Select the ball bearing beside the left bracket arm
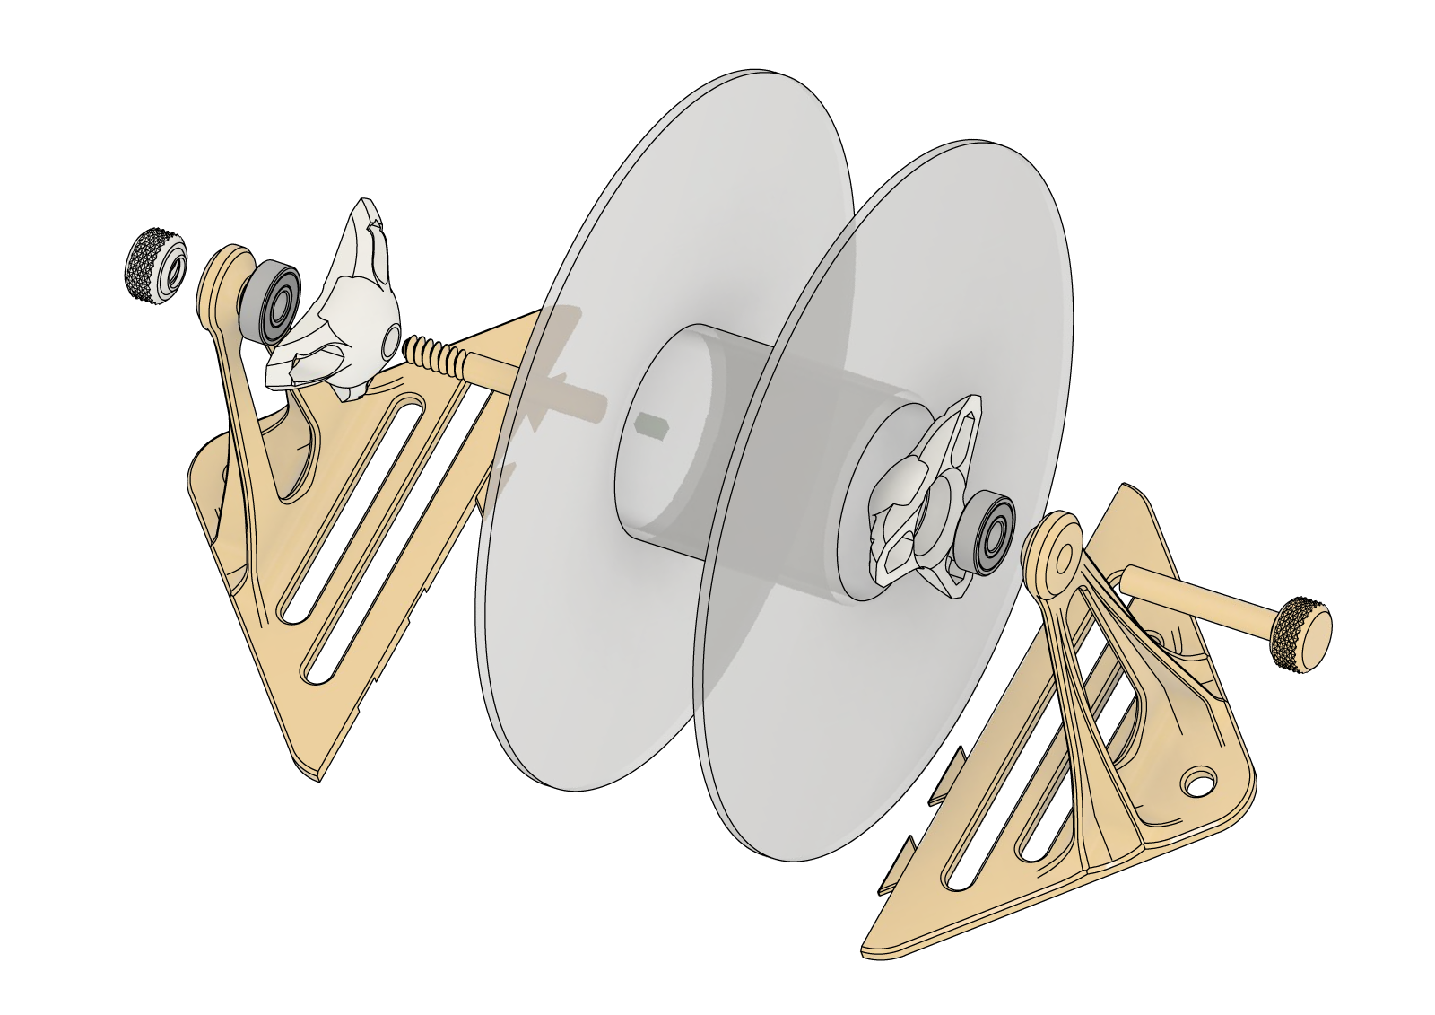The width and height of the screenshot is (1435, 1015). click(270, 302)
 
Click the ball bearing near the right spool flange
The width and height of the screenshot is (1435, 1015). click(985, 534)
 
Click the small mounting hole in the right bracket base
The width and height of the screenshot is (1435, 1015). click(1198, 781)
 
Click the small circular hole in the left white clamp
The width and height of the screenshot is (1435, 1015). click(392, 342)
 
